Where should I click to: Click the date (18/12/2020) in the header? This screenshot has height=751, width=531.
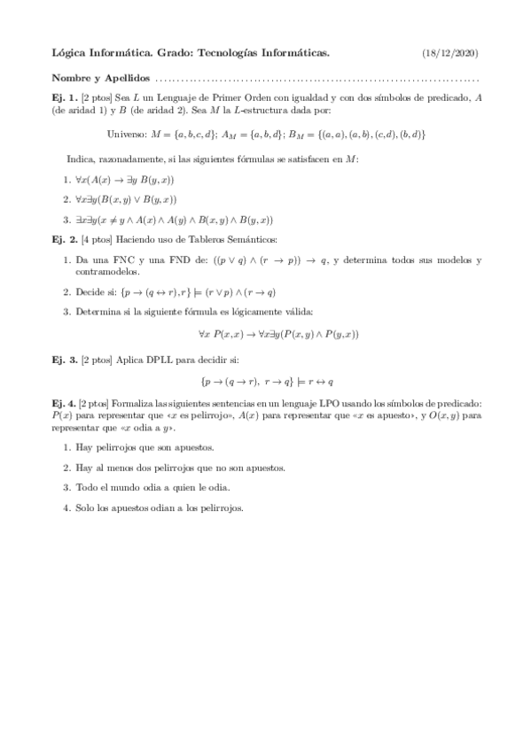pos(451,54)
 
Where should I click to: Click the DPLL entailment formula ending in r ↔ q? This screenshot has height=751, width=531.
pos(266,382)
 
